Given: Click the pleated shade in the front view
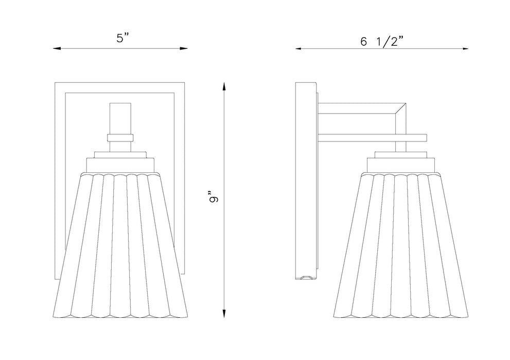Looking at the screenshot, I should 120,242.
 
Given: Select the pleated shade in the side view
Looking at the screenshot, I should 401,242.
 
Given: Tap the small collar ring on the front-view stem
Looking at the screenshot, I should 120,137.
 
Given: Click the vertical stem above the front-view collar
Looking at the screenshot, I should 120,117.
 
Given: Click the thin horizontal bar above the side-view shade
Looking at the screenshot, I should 373,138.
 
